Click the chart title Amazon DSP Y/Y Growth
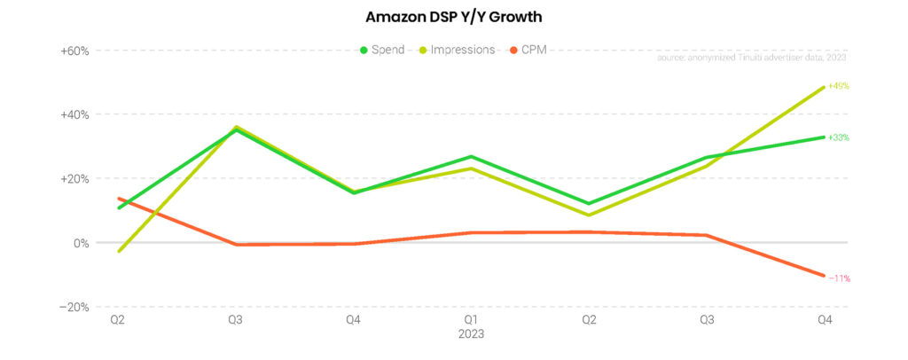(453, 17)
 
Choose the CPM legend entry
(533, 50)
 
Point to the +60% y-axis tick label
(74, 51)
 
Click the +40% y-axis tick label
(74, 114)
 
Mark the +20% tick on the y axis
(74, 178)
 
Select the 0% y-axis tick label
(80, 243)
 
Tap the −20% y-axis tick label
(74, 307)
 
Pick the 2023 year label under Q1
(471, 334)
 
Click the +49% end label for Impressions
(838, 86)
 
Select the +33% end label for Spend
(838, 137)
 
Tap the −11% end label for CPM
(839, 278)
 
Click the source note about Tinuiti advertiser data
(752, 58)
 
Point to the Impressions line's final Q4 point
(824, 87)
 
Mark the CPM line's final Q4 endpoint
(824, 276)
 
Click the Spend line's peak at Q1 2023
(471, 156)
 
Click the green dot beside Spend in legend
(364, 50)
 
